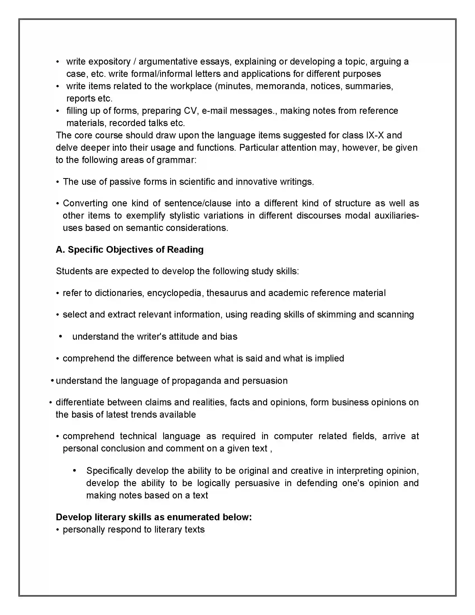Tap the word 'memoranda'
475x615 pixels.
[x=280, y=86]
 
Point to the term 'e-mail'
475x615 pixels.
[x=215, y=111]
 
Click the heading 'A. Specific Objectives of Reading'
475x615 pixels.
[x=130, y=250]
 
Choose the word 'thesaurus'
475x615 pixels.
[x=227, y=293]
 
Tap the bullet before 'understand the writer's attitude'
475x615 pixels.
[x=61, y=337]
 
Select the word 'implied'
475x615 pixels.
[x=329, y=358]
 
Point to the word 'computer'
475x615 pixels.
[x=293, y=436]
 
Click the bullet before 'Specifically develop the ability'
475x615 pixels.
[x=74, y=470]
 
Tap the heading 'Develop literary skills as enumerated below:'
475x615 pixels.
[x=154, y=517]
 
